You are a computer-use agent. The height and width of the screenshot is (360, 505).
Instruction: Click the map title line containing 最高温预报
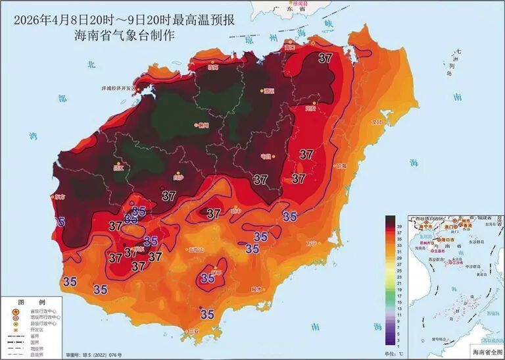point(124,19)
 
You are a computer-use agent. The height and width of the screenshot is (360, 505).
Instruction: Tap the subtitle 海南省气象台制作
point(124,36)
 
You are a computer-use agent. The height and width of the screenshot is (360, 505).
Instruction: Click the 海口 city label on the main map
point(289,47)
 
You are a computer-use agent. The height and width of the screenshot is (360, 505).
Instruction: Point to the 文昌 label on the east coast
point(377,122)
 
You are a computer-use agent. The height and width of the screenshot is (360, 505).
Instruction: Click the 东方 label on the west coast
point(60,196)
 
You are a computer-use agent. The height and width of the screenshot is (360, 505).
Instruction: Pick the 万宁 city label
point(311,244)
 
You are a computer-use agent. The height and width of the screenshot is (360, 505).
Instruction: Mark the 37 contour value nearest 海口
point(325,58)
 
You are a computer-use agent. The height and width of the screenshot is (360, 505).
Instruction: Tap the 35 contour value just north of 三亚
point(207,315)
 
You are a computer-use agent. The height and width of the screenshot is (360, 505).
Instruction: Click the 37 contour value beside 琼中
point(213,213)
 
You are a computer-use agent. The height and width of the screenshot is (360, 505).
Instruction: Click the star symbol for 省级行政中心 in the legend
point(14,311)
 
